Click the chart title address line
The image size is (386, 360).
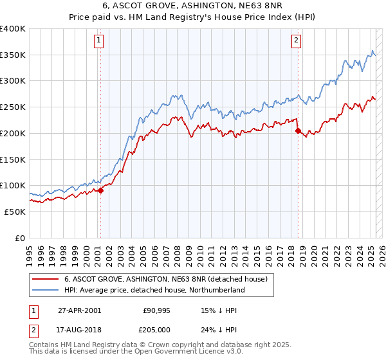click(x=192, y=7)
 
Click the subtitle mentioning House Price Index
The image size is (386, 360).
click(x=192, y=18)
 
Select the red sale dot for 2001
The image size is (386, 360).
click(x=100, y=190)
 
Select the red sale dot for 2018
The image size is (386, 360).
click(x=298, y=130)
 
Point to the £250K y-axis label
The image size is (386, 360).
click(x=13, y=107)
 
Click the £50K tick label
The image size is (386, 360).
click(x=15, y=212)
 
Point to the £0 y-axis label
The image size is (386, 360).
click(x=21, y=238)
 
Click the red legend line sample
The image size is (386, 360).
click(x=44, y=279)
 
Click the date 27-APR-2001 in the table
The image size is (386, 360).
click(x=79, y=310)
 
